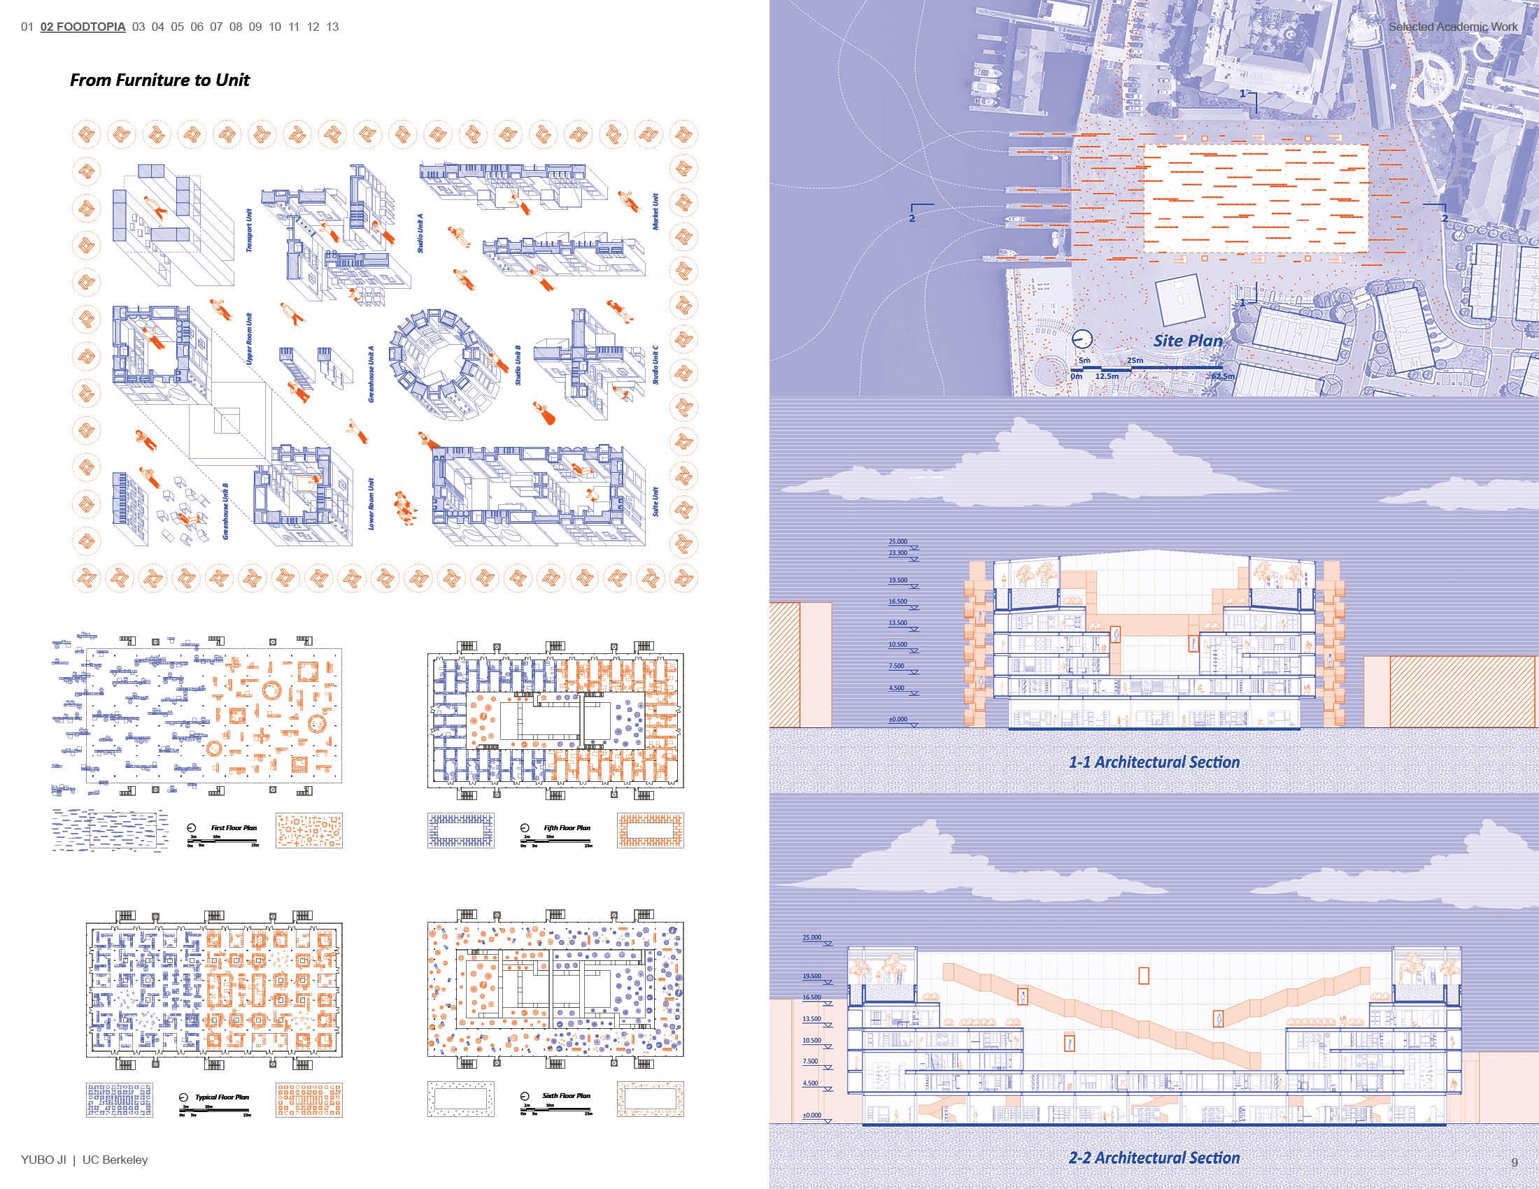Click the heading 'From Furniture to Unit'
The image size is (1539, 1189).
(159, 80)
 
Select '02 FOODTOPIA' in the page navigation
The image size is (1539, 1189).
(83, 27)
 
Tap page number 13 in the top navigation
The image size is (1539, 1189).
(332, 27)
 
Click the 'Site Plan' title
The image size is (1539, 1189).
(1188, 341)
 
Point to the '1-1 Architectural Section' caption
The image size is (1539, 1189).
(1154, 762)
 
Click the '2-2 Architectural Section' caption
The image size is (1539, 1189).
(1154, 1158)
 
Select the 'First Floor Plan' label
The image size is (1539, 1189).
(234, 827)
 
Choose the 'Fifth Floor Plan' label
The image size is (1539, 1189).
(567, 827)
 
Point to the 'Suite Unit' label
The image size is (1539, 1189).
(655, 501)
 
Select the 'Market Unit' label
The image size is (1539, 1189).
(655, 211)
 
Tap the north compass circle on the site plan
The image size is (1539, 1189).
(1081, 339)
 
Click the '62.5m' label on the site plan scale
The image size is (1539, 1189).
(1222, 377)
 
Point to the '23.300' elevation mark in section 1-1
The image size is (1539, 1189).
(898, 553)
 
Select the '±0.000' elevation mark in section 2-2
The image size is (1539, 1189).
(811, 1115)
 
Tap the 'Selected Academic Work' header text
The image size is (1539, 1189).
(1453, 27)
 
